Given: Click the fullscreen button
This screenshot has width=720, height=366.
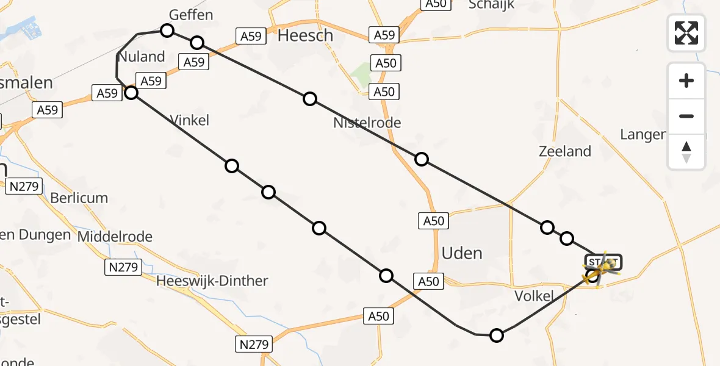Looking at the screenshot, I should pyautogui.click(x=686, y=33).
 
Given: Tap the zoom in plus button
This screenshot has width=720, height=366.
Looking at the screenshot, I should pyautogui.click(x=686, y=81).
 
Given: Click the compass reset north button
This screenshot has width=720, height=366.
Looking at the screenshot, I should pyautogui.click(x=686, y=152).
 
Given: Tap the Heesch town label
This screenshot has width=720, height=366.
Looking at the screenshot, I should pyautogui.click(x=305, y=36).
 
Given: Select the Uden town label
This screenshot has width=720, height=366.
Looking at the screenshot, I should pyautogui.click(x=462, y=253).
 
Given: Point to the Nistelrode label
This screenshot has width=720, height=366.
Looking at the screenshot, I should pyautogui.click(x=367, y=123).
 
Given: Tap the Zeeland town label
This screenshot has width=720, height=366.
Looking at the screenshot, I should pyautogui.click(x=565, y=151).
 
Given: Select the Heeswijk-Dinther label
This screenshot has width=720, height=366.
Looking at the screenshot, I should pyautogui.click(x=212, y=281).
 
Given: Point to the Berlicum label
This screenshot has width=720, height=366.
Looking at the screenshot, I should pyautogui.click(x=79, y=198).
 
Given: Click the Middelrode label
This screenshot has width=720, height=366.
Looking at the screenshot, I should pyautogui.click(x=115, y=236).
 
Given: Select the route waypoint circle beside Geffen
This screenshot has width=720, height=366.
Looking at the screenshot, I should pyautogui.click(x=167, y=30).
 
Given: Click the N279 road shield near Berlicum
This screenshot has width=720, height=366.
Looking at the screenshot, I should pyautogui.click(x=24, y=187).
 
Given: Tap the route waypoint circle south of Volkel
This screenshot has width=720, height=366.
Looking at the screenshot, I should pyautogui.click(x=497, y=335).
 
